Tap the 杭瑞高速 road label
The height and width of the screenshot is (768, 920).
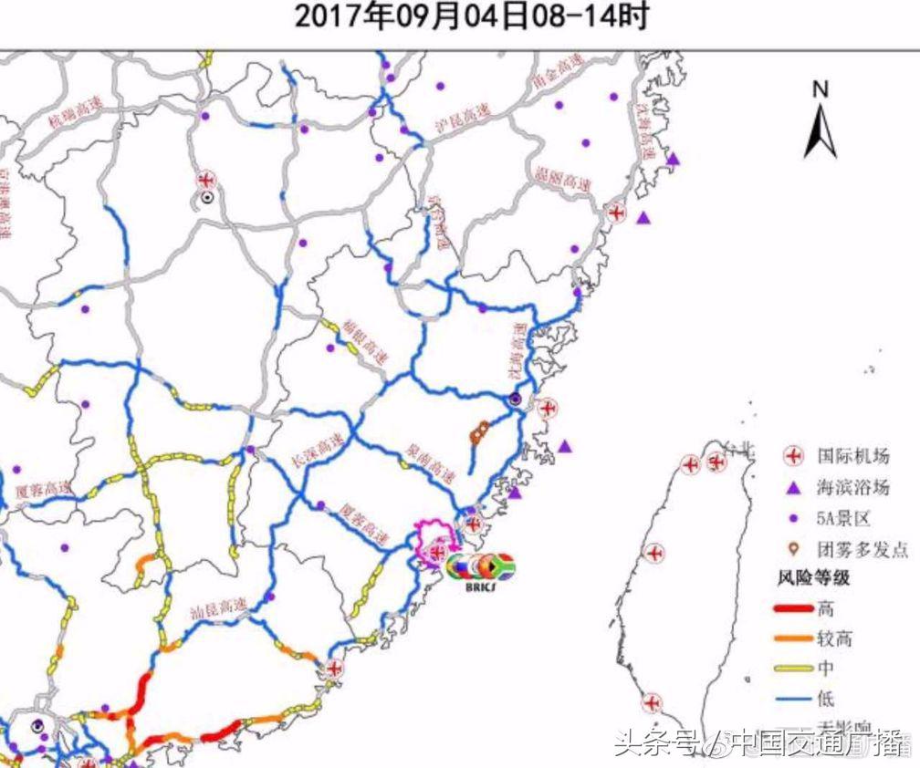coord(78,110)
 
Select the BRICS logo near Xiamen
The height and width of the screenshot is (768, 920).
coord(480,570)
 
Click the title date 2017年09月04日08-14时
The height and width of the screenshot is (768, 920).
coord(471,16)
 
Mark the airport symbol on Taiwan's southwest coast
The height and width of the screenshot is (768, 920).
coord(651,703)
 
